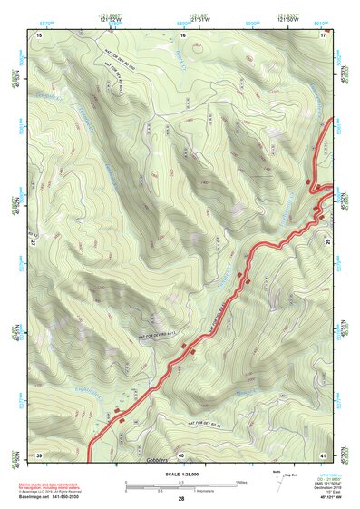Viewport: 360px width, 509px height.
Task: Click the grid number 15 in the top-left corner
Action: click(39, 34)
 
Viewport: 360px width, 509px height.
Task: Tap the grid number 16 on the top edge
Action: click(182, 34)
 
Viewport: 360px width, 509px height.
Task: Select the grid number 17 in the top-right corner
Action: click(323, 34)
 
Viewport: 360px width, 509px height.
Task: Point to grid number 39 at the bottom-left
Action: click(39, 454)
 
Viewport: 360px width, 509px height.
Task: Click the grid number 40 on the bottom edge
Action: click(181, 454)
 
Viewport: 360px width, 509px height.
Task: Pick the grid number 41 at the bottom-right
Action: click(323, 454)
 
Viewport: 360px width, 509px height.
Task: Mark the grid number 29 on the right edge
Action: click(327, 244)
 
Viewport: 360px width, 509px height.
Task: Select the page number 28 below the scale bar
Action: click(181, 499)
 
